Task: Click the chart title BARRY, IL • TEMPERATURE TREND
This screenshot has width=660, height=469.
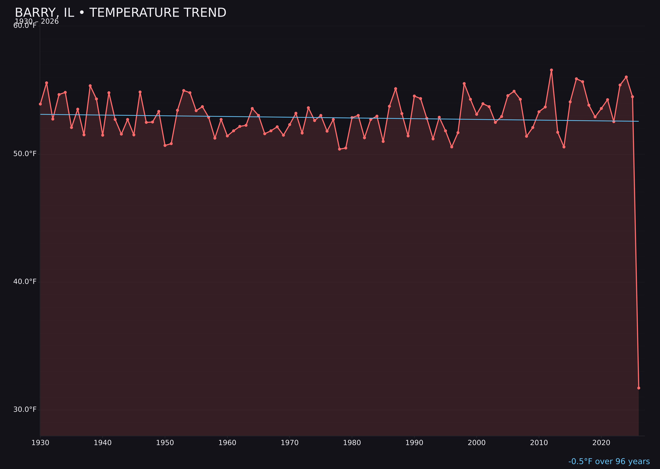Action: tap(120, 13)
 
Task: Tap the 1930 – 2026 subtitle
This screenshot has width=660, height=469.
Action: tap(37, 22)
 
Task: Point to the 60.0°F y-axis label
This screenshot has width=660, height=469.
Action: tap(25, 26)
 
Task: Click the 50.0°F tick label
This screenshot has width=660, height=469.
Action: tap(25, 154)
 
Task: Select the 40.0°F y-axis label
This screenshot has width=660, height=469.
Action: tap(25, 281)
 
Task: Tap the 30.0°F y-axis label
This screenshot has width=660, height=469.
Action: tap(25, 409)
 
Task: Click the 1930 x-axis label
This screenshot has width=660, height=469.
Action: tap(40, 443)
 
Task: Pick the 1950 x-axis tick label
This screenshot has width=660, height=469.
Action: tap(165, 443)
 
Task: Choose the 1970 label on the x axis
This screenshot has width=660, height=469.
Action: tap(290, 443)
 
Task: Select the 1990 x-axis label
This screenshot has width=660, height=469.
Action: tap(414, 443)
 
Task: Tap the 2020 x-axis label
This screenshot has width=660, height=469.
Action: tap(601, 443)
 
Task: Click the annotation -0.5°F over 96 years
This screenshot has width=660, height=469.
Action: tap(609, 461)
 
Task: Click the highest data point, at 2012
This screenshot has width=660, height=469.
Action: tap(551, 70)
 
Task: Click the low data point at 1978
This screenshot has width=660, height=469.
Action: tap(340, 149)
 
